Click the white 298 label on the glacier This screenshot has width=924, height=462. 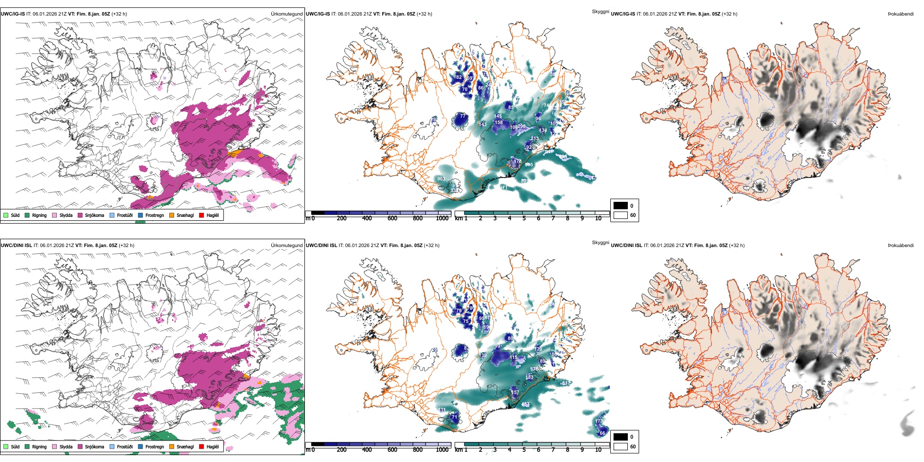point(521,126)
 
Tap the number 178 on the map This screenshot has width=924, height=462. point(517,161)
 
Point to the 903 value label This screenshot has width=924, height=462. point(441,179)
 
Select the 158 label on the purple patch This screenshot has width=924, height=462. point(498,123)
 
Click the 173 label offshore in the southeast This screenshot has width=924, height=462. point(598,421)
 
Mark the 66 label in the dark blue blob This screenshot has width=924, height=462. point(602,433)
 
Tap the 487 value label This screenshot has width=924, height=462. point(525,405)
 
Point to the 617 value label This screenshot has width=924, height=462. point(565,383)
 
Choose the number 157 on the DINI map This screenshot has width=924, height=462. point(515,392)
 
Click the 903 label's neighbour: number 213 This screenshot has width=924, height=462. point(534,139)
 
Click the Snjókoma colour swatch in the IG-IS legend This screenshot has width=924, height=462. point(80,215)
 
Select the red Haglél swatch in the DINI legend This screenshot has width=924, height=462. point(202,446)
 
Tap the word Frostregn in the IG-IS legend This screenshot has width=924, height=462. point(155,215)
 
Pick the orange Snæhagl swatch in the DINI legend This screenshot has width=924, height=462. point(172,446)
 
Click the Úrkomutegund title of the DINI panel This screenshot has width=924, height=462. point(286,245)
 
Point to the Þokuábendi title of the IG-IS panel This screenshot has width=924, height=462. point(901,14)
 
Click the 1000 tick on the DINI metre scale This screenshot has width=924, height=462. point(442,450)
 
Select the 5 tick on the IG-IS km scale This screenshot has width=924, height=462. point(524,218)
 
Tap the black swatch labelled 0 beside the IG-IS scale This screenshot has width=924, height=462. point(621,206)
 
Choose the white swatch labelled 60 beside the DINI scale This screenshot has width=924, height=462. point(621,446)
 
